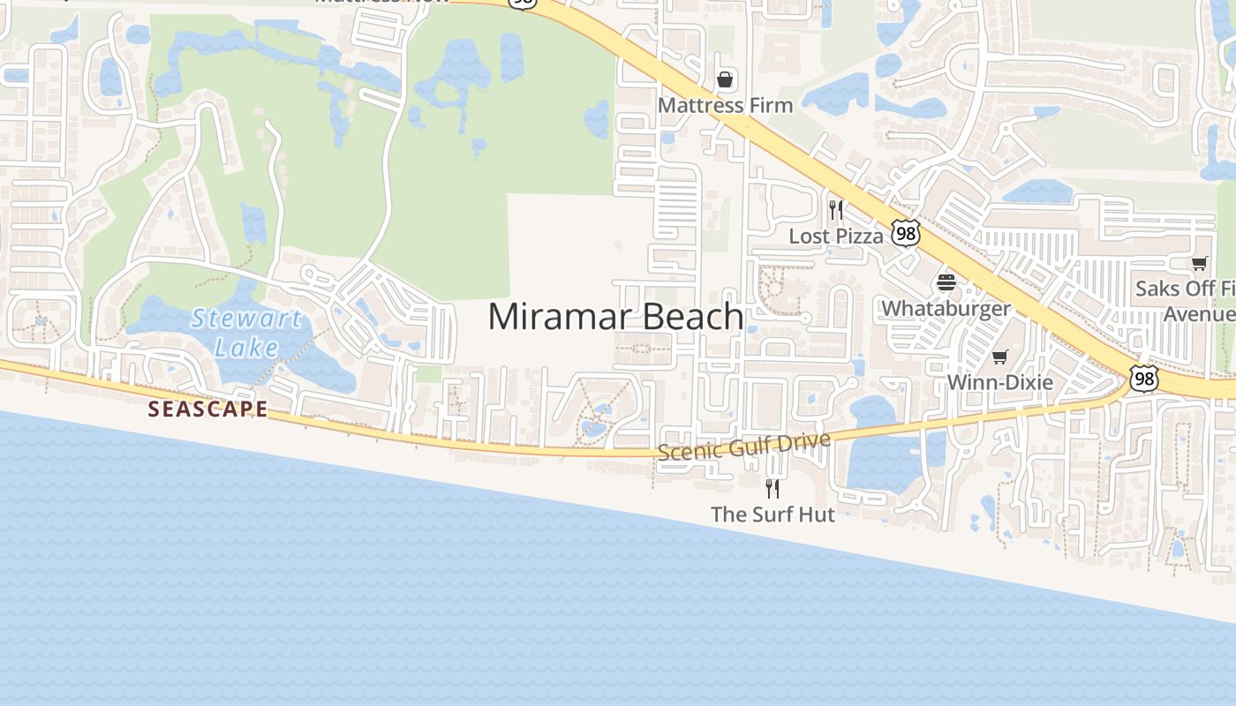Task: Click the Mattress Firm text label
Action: point(726,105)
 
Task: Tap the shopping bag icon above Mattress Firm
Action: point(725,80)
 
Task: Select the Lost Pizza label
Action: point(836,236)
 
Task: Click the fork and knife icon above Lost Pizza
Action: point(836,210)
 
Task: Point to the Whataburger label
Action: point(946,308)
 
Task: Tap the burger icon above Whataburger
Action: point(946,282)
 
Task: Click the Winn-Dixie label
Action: point(1000,382)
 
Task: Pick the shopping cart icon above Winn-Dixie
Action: point(1000,357)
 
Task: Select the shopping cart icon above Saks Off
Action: point(1199,263)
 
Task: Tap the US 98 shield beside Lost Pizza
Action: point(905,233)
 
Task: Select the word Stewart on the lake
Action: point(246,318)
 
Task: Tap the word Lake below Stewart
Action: point(246,348)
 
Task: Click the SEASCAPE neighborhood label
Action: point(207,409)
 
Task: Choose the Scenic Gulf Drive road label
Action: point(744,447)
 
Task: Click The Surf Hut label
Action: point(772,514)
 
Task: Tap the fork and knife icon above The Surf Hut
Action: point(772,488)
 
